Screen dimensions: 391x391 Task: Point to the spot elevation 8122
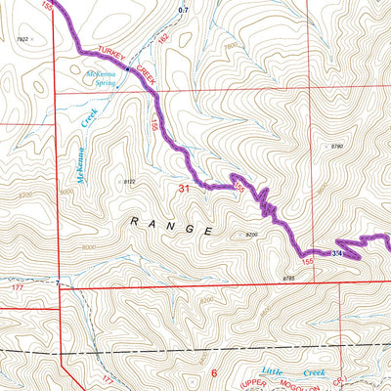(x=128, y=182)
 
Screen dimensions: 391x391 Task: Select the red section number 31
(x=184, y=186)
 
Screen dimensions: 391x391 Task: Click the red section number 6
(x=214, y=373)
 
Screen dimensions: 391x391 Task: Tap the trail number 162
(x=162, y=39)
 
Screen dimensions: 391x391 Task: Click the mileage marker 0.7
(x=183, y=10)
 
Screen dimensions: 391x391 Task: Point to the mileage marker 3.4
(x=336, y=254)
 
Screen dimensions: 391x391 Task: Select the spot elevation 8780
(x=337, y=146)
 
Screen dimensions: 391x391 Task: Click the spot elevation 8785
(x=288, y=279)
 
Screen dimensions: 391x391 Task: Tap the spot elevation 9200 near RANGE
(x=252, y=235)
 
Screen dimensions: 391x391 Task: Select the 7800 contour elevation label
(x=232, y=46)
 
